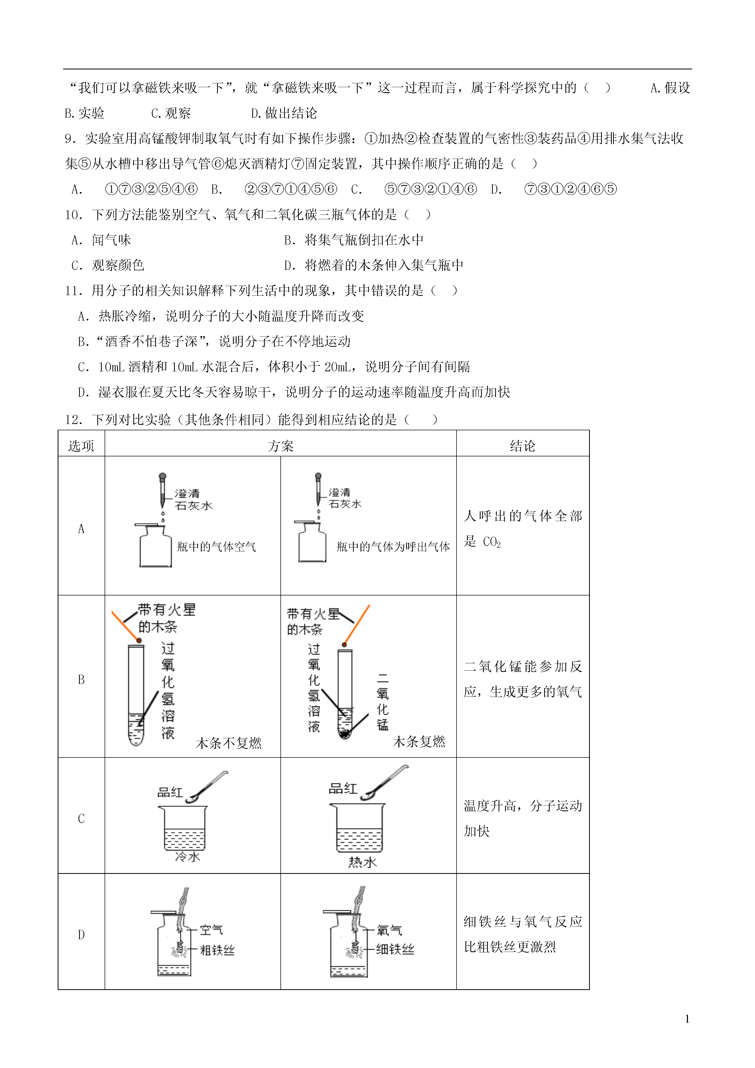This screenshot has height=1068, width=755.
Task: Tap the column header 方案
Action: pyautogui.click(x=280, y=446)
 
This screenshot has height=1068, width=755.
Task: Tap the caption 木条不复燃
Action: pyautogui.click(x=229, y=743)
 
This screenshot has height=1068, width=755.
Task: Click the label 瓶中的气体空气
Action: pyautogui.click(x=216, y=547)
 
